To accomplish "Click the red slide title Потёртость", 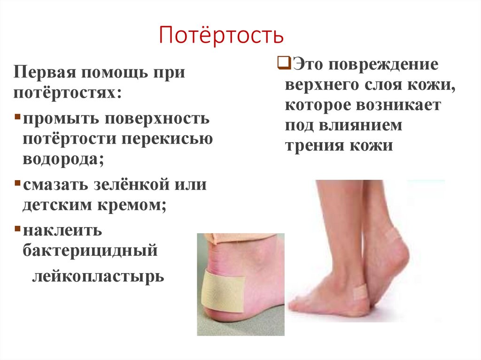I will click(221, 36).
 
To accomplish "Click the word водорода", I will click(62, 159).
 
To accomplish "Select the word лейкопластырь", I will click(98, 276).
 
